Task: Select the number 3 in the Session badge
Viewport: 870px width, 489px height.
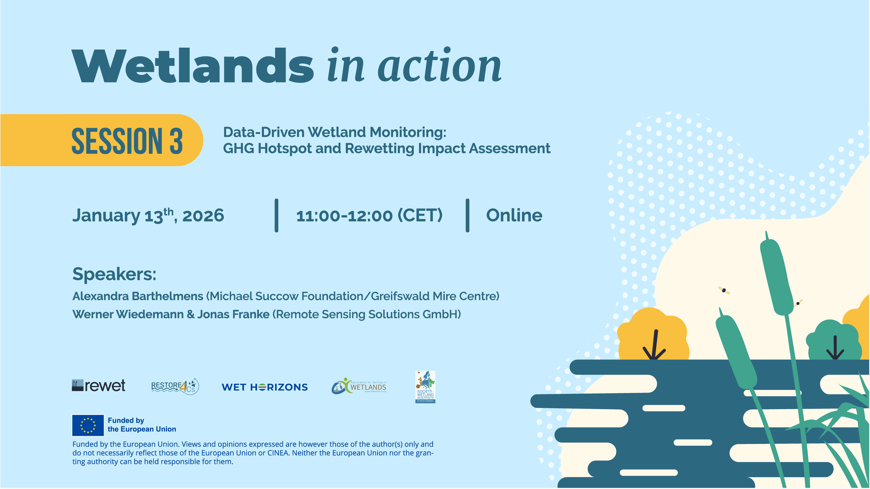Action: coord(176,141)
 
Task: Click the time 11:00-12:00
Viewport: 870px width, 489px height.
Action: coord(345,216)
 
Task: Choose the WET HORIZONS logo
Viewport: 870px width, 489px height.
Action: coord(264,387)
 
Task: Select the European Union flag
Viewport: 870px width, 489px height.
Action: coord(88,425)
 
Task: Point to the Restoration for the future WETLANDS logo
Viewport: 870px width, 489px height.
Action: coord(359,386)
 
